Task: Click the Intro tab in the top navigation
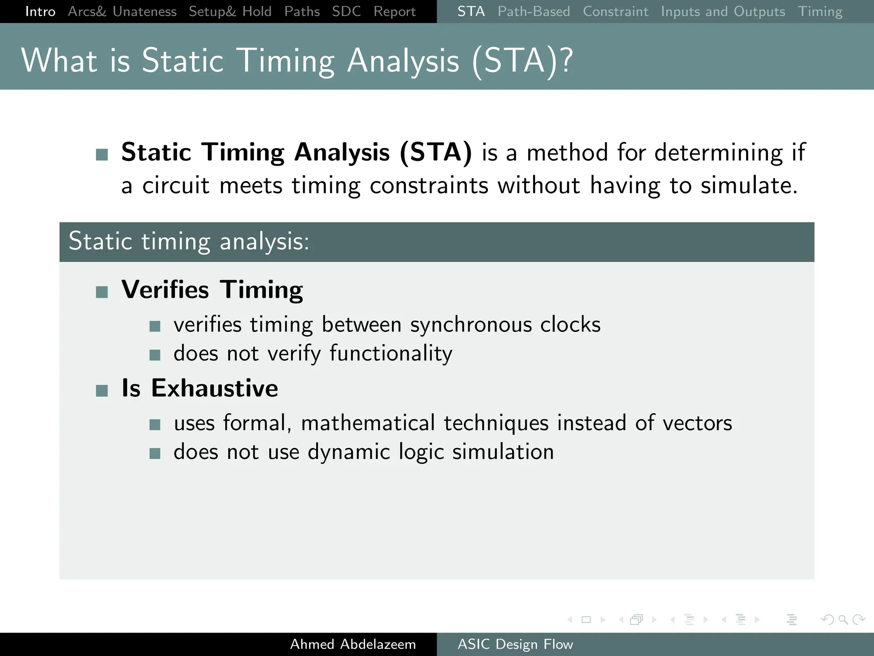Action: [x=40, y=12]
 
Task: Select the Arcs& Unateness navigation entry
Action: [x=122, y=12]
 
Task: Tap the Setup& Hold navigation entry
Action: [x=230, y=12]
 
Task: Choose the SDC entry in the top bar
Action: [x=346, y=12]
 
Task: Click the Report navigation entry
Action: [x=394, y=12]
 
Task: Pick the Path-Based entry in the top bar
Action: [x=533, y=12]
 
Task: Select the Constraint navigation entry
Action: [x=615, y=12]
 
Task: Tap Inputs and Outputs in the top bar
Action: [x=723, y=12]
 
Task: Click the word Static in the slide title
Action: [x=182, y=61]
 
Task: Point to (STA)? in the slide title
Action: [x=522, y=61]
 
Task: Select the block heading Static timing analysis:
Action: [x=189, y=241]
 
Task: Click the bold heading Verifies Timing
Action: [x=212, y=290]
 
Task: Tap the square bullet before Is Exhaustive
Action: [x=102, y=390]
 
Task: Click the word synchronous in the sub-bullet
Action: [x=471, y=325]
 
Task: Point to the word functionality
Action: [x=390, y=354]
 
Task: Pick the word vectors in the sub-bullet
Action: [x=697, y=423]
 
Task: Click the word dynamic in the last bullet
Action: [x=349, y=452]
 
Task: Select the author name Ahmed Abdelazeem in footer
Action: [x=353, y=644]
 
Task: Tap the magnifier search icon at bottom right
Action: [x=843, y=619]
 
